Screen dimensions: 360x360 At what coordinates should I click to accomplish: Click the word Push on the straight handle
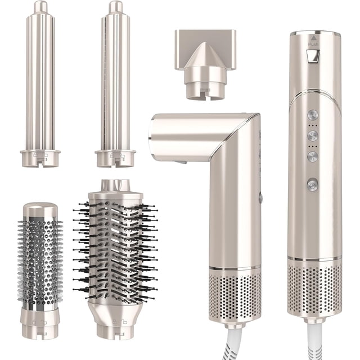[313, 44]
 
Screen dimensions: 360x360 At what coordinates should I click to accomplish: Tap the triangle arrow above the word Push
[313, 38]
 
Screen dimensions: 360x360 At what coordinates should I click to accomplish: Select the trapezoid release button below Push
[313, 56]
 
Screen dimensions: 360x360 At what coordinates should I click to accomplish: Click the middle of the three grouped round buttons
[313, 136]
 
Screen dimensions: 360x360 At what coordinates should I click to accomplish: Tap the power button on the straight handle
[313, 184]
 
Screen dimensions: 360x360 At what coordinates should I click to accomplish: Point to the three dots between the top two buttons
[313, 125]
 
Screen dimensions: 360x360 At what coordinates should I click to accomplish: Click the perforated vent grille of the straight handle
[314, 290]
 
